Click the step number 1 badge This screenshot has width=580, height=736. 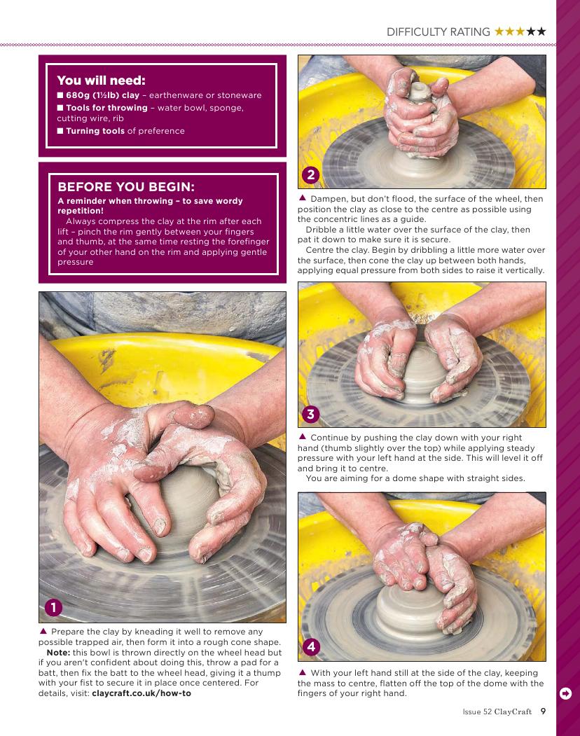[x=53, y=607]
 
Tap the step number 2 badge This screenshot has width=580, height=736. [x=310, y=175]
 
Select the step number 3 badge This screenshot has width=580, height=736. [x=310, y=414]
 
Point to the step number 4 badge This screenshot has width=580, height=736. [x=311, y=647]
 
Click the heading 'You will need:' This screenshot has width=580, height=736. [x=101, y=81]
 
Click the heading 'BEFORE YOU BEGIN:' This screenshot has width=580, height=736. [x=126, y=187]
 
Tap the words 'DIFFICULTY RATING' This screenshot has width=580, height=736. [x=439, y=32]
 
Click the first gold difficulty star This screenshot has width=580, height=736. [x=499, y=32]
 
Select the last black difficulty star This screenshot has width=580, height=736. [x=541, y=32]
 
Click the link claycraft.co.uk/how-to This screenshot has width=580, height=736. [x=141, y=693]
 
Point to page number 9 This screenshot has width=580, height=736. [x=543, y=711]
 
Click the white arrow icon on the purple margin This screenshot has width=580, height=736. [x=566, y=693]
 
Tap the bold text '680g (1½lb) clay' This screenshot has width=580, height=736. [x=102, y=95]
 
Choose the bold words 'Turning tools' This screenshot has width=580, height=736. [x=95, y=131]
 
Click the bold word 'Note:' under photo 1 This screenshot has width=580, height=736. [x=58, y=653]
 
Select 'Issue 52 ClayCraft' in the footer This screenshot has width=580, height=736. [x=497, y=711]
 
